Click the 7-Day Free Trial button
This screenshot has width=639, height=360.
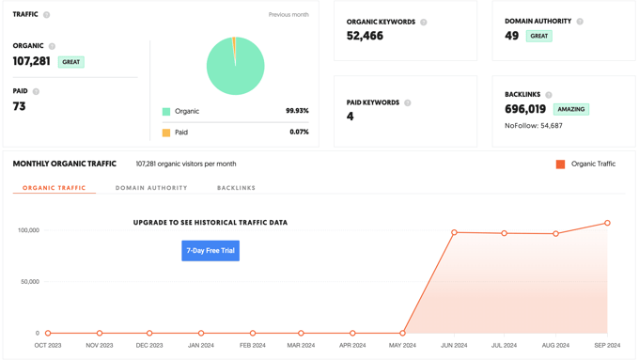coord(210,251)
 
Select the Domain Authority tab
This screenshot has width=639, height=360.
coord(151,188)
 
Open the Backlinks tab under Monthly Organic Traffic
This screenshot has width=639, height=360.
coord(236,188)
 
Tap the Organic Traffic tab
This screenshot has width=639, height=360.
coord(54,188)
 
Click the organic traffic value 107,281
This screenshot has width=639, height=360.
coord(32,61)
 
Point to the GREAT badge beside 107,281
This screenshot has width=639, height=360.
coord(71,62)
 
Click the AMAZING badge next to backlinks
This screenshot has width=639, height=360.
coord(570,109)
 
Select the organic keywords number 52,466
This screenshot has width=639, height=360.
coord(365,36)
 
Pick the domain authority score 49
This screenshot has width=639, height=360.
coord(512,36)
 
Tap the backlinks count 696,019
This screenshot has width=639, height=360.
coord(525,109)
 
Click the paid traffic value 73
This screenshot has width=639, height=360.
coord(20,106)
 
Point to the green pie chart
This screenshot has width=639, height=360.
coord(235,66)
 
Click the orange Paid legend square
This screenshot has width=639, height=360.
coord(166,133)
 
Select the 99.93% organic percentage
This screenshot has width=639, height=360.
coord(297,111)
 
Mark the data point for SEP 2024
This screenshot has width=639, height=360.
coord(607,223)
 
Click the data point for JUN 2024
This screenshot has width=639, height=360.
coord(454,232)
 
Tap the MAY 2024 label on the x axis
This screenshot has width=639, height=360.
coord(402,346)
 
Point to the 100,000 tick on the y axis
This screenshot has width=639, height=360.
coord(28,230)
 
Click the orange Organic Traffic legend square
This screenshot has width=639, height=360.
coord(561,164)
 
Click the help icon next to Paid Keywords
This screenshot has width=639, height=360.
coord(408,102)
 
